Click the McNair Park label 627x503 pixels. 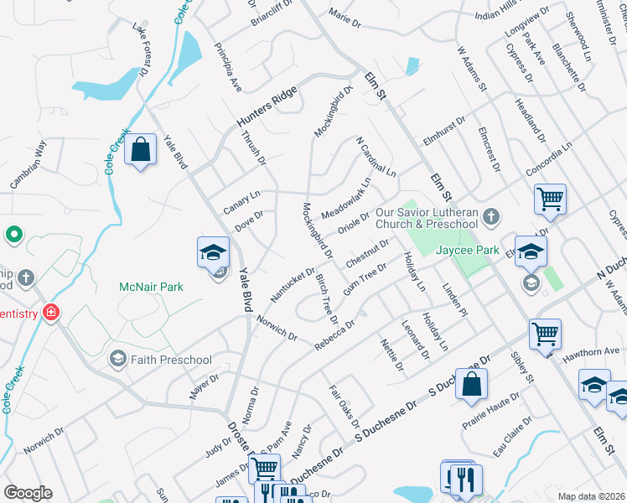[x=152, y=287]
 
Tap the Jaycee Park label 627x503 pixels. [x=467, y=250]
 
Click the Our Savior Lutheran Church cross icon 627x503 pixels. [x=491, y=218]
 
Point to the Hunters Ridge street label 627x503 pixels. [x=267, y=106]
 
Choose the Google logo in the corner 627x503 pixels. [x=28, y=493]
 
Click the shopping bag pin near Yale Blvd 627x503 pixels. [x=141, y=151]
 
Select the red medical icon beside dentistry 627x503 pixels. [x=51, y=313]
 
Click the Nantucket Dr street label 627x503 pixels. [x=292, y=285]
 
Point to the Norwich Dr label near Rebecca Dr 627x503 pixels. [x=277, y=327]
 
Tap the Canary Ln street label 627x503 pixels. [x=242, y=201]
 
